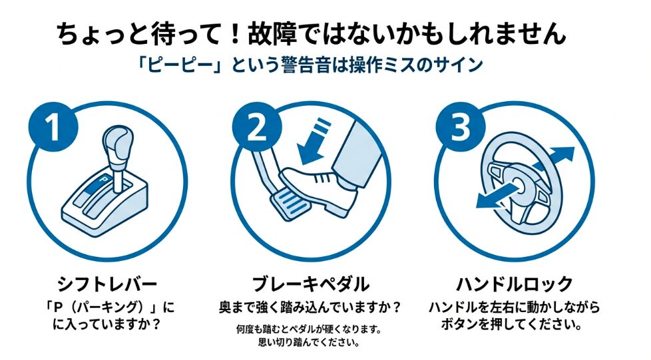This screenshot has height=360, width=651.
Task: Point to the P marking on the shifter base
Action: tap(105, 179)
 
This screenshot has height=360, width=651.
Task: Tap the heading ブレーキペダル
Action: tap(310, 285)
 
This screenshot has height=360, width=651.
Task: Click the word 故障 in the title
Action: tap(273, 33)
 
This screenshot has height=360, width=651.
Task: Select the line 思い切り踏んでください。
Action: tap(310, 343)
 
